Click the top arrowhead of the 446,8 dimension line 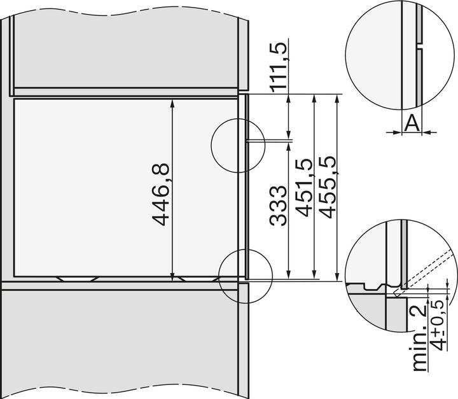[x=172, y=102]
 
